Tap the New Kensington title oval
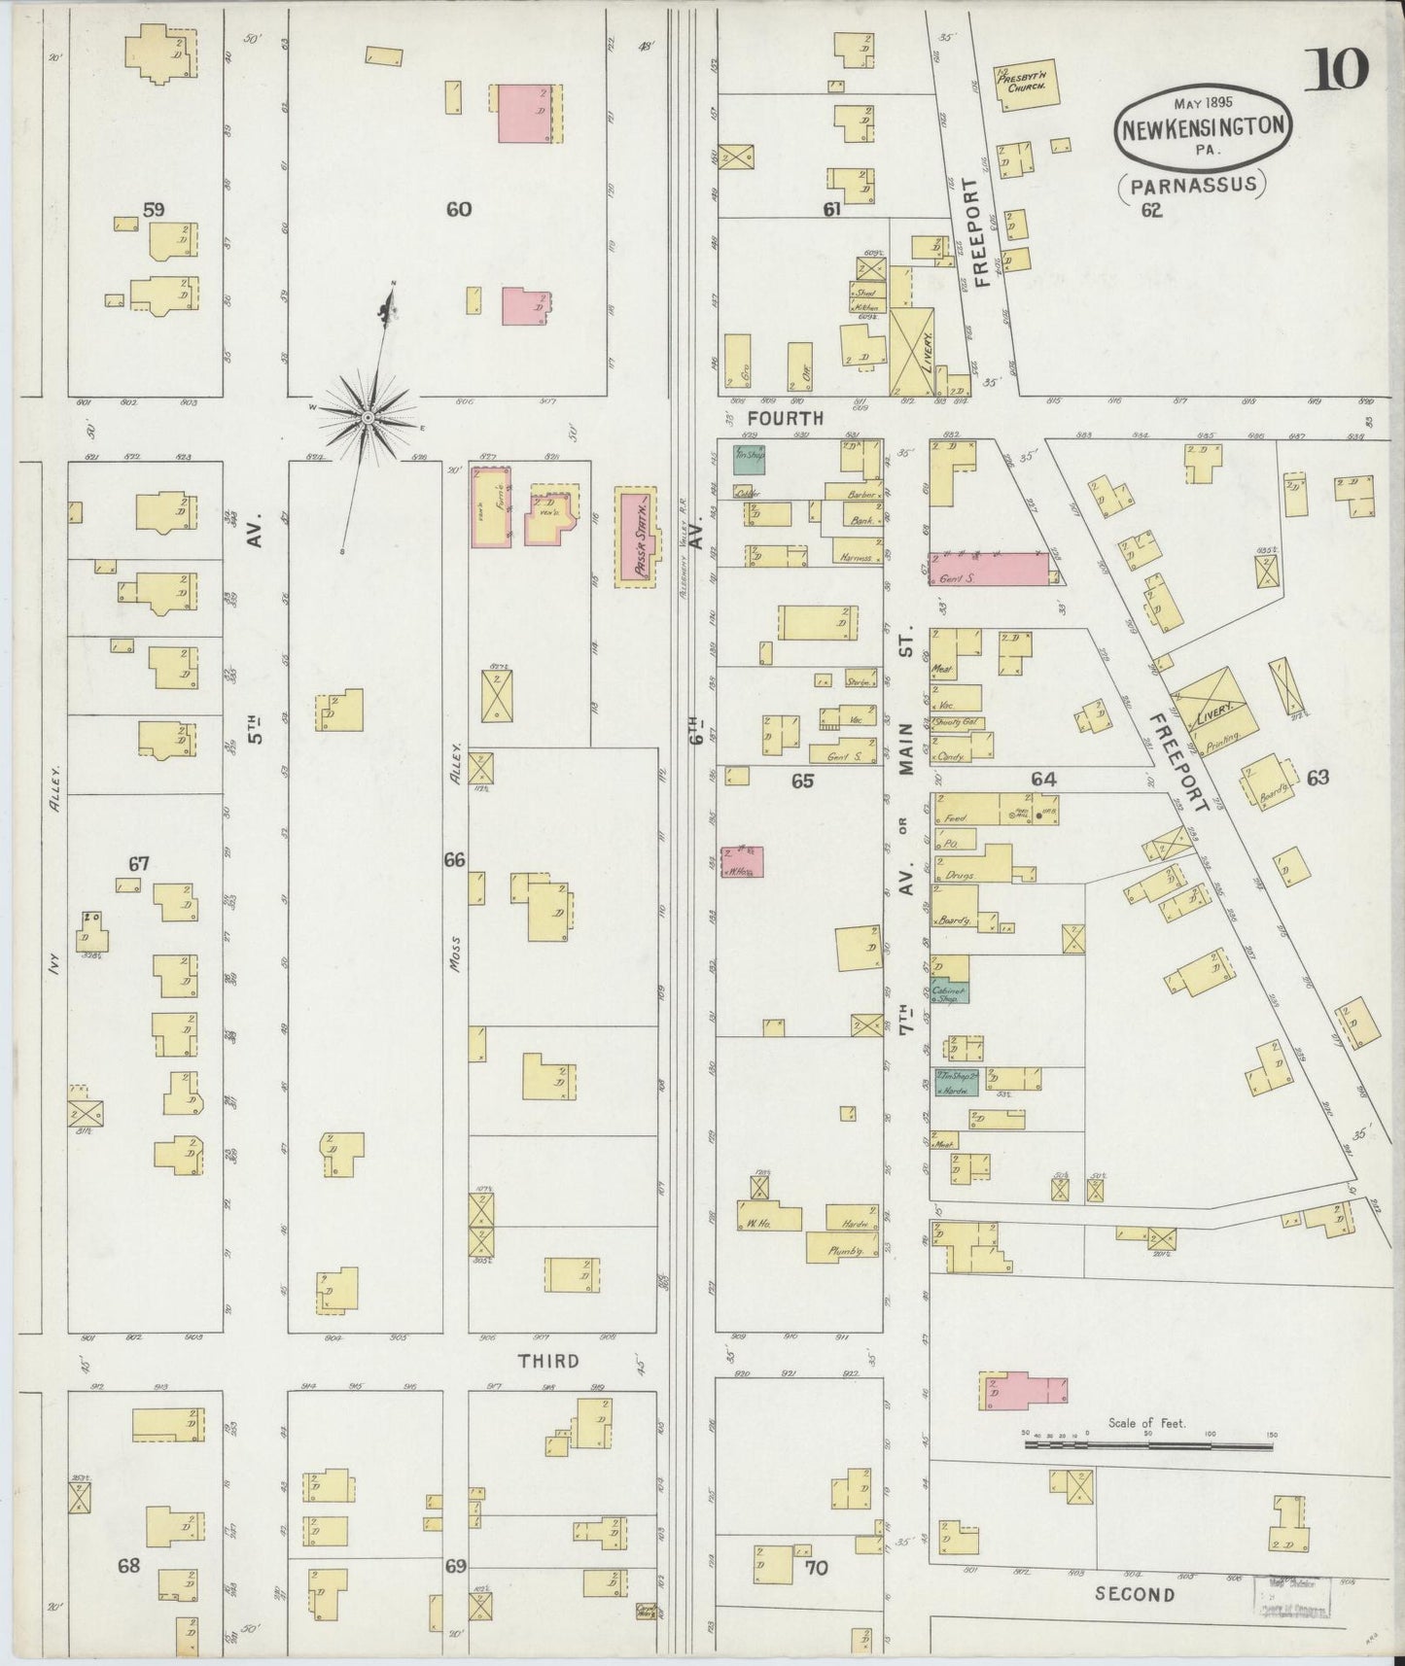(x=1206, y=127)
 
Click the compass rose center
(x=368, y=419)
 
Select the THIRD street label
(x=548, y=1362)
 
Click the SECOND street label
(x=1135, y=1594)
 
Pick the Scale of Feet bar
(x=1147, y=1446)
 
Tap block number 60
(x=459, y=209)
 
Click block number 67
(x=139, y=863)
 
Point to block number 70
(x=817, y=1568)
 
